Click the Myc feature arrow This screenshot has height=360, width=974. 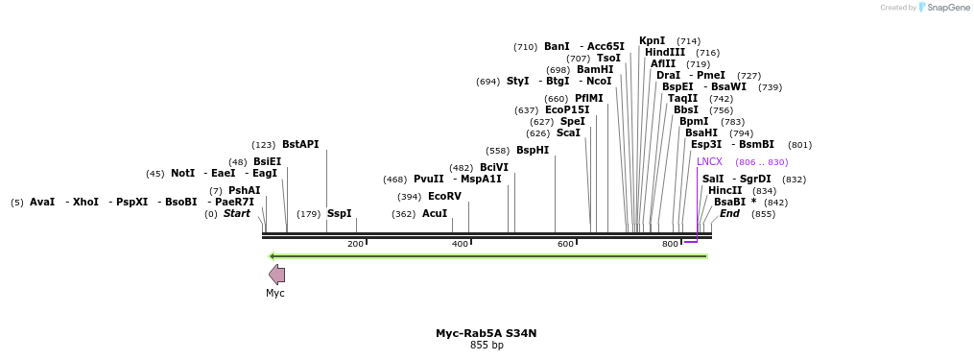(276, 274)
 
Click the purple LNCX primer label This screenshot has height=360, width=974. (709, 162)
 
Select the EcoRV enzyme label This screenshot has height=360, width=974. (444, 197)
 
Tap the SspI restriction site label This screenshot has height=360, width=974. (340, 214)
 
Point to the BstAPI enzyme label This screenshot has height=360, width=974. (300, 145)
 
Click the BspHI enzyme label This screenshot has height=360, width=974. (533, 151)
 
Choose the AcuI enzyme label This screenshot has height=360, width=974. (435, 214)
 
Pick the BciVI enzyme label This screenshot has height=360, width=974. (494, 168)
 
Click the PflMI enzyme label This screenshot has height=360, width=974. (589, 99)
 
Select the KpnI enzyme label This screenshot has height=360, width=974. (653, 41)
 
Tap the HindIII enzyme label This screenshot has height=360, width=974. (665, 53)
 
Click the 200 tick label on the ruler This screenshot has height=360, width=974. (355, 245)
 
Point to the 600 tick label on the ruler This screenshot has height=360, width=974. (565, 245)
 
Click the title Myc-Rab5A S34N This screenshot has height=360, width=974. (487, 333)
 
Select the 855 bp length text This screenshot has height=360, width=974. (487, 346)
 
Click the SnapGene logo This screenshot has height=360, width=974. (937, 8)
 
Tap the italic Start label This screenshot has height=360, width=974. (237, 214)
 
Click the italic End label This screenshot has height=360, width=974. (730, 214)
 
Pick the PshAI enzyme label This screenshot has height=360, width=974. (244, 191)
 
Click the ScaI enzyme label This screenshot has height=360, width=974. (568, 133)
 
